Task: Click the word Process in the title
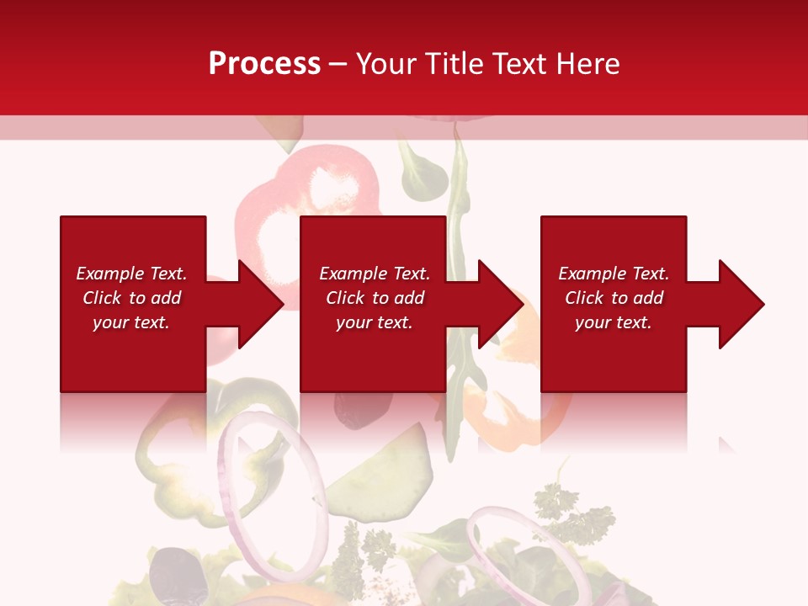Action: point(264,63)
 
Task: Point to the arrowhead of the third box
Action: point(740,304)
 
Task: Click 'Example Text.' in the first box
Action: point(131,274)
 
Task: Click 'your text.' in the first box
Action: point(131,322)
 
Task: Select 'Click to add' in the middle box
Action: point(375,298)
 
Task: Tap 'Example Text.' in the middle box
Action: point(375,274)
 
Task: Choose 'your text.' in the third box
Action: point(613,322)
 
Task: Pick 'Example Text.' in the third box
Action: point(613,274)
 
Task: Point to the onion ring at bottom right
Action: point(522,547)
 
